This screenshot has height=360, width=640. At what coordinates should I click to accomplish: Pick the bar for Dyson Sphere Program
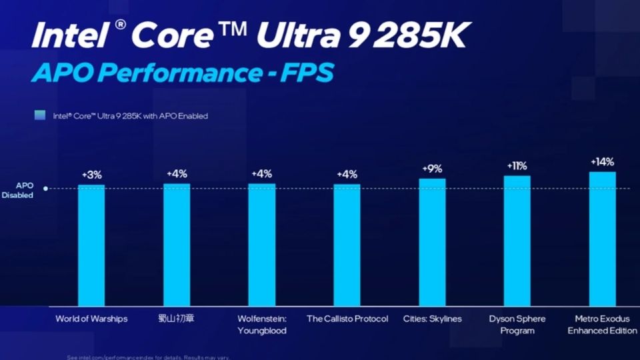pyautogui.click(x=517, y=241)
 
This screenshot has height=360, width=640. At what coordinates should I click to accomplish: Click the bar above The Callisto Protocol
pyautogui.click(x=347, y=245)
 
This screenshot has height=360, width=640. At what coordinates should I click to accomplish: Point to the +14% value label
pyautogui.click(x=602, y=162)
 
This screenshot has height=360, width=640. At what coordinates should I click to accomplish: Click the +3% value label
pyautogui.click(x=91, y=175)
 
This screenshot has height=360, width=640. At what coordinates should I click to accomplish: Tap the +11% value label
pyautogui.click(x=517, y=165)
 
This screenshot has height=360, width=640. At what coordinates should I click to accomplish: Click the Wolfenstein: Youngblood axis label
pyautogui.click(x=262, y=325)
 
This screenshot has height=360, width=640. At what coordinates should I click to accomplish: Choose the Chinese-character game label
pyautogui.click(x=177, y=319)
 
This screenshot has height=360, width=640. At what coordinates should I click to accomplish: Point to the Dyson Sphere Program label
pyautogui.click(x=517, y=325)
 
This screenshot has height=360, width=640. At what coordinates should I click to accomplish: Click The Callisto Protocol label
pyautogui.click(x=347, y=319)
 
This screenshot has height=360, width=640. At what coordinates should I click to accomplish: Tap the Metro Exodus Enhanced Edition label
pyautogui.click(x=602, y=325)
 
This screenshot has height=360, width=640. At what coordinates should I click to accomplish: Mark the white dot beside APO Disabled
pyautogui.click(x=45, y=189)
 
